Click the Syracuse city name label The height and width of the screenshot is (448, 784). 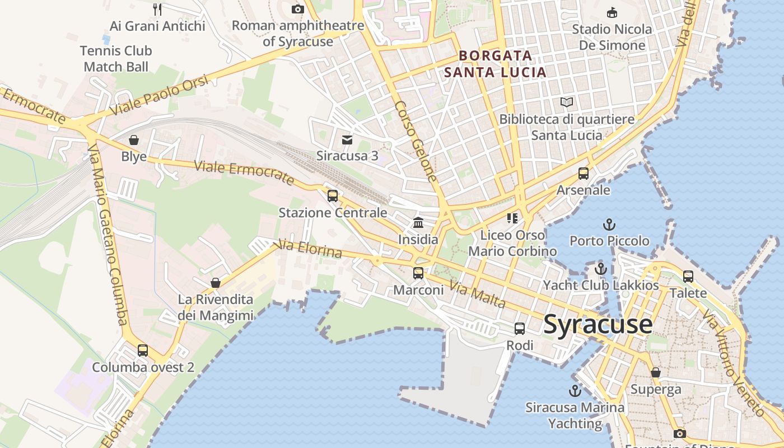(x=598, y=324)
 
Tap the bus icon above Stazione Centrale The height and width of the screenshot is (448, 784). (x=333, y=196)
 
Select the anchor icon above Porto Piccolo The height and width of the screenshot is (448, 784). (x=609, y=225)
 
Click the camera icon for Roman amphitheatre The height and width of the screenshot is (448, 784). (x=298, y=9)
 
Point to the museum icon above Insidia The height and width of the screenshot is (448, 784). (x=418, y=223)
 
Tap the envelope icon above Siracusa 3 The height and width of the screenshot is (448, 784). (x=347, y=139)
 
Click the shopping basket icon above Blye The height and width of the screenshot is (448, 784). (x=134, y=139)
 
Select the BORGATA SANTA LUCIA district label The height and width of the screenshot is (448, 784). (x=494, y=64)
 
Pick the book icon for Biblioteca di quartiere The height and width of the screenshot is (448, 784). (x=567, y=102)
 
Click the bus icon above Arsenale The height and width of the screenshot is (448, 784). (x=584, y=174)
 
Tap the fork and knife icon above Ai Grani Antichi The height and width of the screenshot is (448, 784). (x=157, y=9)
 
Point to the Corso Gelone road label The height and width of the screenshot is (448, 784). (x=415, y=141)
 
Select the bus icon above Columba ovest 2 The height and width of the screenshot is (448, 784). (x=143, y=351)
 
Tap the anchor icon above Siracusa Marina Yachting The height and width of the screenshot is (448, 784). (x=575, y=390)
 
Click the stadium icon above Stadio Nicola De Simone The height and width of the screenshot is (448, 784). (x=612, y=12)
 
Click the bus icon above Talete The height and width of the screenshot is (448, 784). (x=688, y=276)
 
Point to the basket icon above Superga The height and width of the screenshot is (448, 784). (x=656, y=372)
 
